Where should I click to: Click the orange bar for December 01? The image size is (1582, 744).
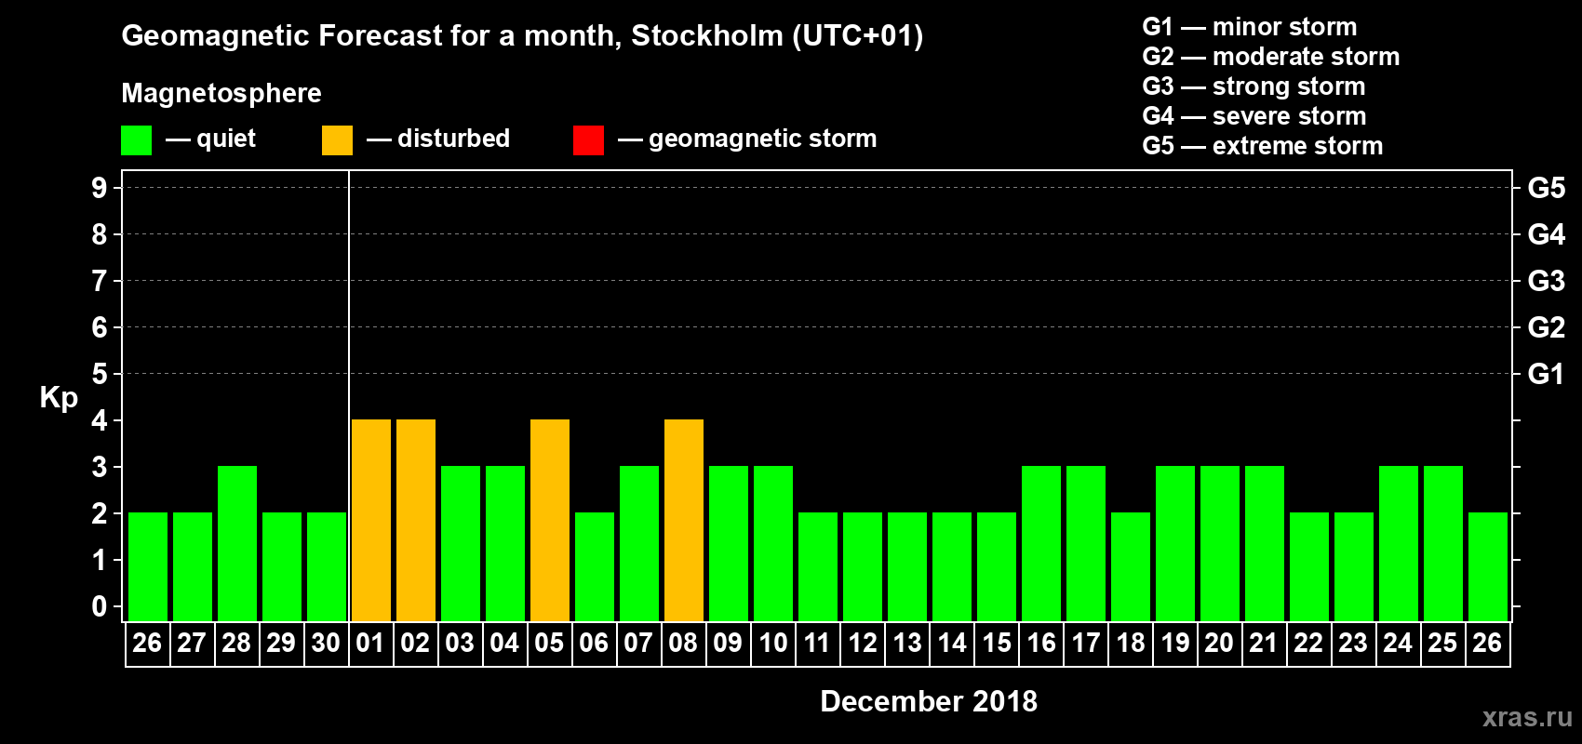tap(371, 520)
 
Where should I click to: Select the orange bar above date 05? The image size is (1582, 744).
tap(550, 520)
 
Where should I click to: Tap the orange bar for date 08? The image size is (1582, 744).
tap(684, 520)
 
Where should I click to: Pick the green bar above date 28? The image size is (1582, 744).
tap(237, 543)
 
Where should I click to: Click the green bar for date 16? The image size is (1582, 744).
tap(1041, 543)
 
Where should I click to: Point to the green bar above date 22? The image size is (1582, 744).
tap(1309, 566)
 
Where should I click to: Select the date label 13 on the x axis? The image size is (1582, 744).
tap(907, 643)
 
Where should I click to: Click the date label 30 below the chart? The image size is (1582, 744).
tap(326, 643)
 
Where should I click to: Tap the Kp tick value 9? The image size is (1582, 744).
tap(100, 188)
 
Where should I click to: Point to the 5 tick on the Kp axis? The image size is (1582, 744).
tap(100, 374)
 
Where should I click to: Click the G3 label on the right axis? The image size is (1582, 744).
tap(1546, 281)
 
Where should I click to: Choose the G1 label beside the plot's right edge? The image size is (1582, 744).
tap(1546, 374)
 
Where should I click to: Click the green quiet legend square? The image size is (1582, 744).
tap(137, 140)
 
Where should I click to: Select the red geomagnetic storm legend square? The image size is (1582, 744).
tap(588, 140)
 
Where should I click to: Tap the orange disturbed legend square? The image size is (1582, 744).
tap(337, 140)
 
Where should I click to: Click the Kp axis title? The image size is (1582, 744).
tap(59, 398)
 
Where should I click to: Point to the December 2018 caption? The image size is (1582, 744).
tap(929, 701)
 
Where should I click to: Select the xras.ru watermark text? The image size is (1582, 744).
tap(1527, 717)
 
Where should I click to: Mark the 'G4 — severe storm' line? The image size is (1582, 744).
tap(1254, 116)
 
